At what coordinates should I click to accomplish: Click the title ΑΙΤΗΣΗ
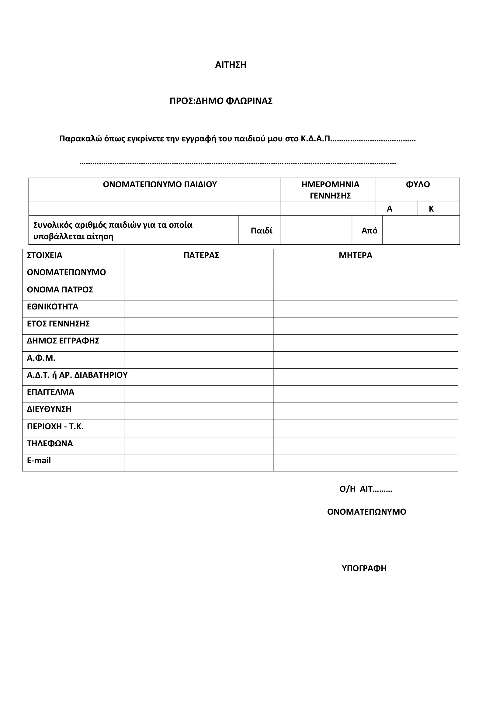(231, 65)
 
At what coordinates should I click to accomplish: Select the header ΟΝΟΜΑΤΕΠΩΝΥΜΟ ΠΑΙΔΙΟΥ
(160, 185)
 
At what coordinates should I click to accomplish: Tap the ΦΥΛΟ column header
(418, 185)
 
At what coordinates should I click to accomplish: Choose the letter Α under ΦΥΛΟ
(390, 209)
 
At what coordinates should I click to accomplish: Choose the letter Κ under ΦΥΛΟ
(431, 209)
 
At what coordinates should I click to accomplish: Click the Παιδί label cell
(262, 231)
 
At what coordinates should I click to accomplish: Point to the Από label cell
(369, 231)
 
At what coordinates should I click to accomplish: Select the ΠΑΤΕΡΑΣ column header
(201, 255)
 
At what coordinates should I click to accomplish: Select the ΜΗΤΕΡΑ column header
(355, 255)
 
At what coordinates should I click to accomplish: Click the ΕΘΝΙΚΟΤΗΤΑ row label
(53, 307)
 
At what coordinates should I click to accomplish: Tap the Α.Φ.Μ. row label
(41, 358)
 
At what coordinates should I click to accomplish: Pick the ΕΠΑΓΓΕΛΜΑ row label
(51, 392)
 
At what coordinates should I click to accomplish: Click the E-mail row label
(39, 461)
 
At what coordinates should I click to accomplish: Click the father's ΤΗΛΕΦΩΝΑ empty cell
(199, 446)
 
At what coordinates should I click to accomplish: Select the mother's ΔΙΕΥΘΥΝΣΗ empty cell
(366, 411)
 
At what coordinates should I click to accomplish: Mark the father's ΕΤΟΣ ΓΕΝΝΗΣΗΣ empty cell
(199, 326)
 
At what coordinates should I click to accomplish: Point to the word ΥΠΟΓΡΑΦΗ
(364, 568)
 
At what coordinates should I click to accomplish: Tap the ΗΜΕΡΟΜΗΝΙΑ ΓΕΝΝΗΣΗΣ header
(330, 190)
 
